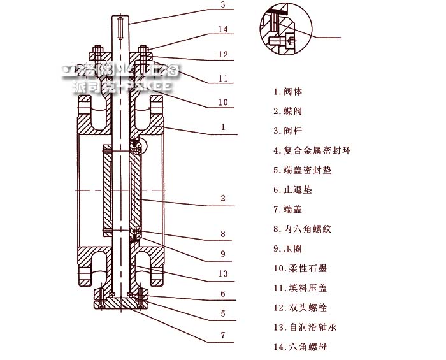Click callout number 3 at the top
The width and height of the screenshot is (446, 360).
[x=222, y=5]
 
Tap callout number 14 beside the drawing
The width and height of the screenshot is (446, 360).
[x=222, y=29]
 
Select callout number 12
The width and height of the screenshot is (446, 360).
[x=222, y=55]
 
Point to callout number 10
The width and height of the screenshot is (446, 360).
[x=222, y=102]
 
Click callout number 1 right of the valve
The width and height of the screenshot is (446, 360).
[x=222, y=127]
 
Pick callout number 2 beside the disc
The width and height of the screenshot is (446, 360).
[x=222, y=198]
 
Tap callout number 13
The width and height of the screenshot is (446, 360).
[x=222, y=274]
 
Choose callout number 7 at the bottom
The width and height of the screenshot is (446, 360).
[x=222, y=335]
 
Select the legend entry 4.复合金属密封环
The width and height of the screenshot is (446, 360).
[x=312, y=150]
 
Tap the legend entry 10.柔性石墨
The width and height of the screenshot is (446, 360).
[x=299, y=268]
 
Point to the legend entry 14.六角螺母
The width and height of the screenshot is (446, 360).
[x=299, y=347]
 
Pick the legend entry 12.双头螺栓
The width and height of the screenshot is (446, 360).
[x=299, y=308]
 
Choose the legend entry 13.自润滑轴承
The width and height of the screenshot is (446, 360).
[x=304, y=328]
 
